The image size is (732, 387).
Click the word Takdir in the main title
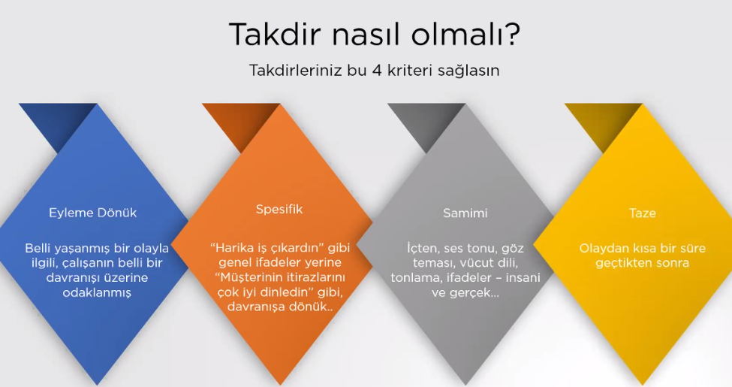(x=276, y=34)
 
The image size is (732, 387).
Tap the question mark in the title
(x=513, y=34)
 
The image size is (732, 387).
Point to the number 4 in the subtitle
(x=377, y=71)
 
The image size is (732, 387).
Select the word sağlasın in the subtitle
(x=468, y=71)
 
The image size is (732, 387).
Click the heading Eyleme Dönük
(x=93, y=213)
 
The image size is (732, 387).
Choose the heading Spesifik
(x=279, y=210)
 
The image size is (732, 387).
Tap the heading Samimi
(x=465, y=213)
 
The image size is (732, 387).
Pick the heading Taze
(x=643, y=213)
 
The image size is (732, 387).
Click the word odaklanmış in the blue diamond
(x=97, y=293)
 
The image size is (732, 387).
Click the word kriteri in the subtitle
(x=410, y=71)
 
